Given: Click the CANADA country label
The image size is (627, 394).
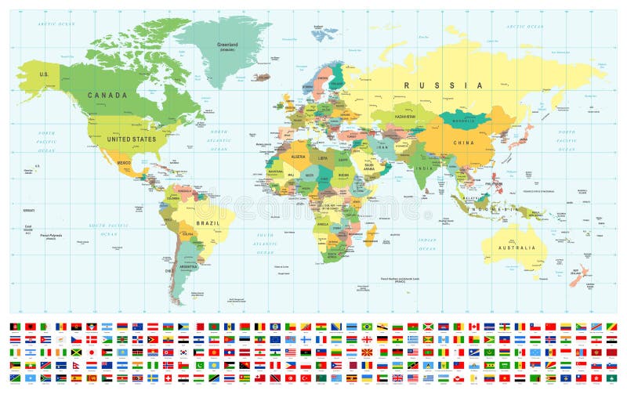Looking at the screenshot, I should point(107,96).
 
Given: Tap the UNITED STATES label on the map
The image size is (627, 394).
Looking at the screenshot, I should point(132,139).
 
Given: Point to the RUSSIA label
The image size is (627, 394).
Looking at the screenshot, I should point(443,85).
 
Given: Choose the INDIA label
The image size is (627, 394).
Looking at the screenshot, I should point(425,168).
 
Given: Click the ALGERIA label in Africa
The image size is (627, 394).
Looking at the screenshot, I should point(299,157).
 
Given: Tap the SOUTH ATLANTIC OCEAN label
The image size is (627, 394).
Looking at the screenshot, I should point(266,244).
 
